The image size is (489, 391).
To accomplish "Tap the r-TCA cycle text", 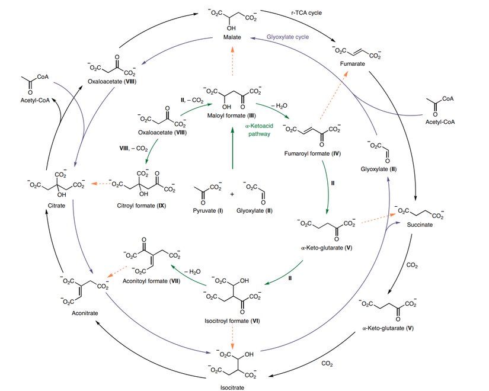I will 306,12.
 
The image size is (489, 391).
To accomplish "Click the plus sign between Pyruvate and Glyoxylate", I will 232,193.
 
